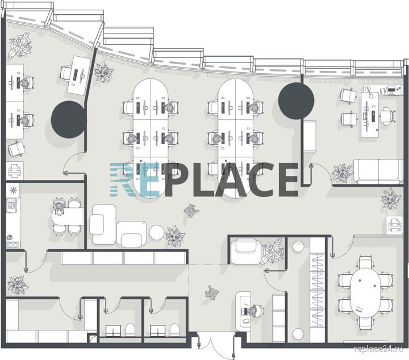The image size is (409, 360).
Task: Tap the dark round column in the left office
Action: [x=69, y=119]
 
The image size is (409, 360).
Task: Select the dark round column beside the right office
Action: [x=296, y=101]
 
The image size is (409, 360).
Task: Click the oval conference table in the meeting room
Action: [x=365, y=295]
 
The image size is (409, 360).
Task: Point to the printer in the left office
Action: [x=15, y=170]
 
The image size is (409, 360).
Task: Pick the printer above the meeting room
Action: [x=395, y=225]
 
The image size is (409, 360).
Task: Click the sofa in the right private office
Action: [x=378, y=171]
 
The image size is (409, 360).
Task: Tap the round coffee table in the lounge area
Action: [x=157, y=233]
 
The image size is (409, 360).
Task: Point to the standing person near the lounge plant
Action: [x=191, y=211]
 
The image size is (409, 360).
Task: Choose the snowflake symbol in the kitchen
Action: [x=12, y=190]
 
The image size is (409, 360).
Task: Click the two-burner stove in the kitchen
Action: [x=13, y=245]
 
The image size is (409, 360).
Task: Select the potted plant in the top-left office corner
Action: [x=20, y=44]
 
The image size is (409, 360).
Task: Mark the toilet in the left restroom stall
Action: [x=130, y=330]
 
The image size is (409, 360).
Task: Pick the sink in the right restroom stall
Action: [x=158, y=330]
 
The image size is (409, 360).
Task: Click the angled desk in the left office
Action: [x=79, y=75]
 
